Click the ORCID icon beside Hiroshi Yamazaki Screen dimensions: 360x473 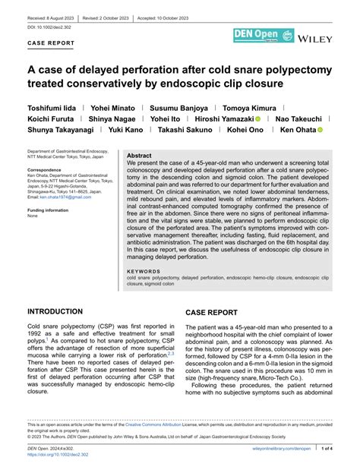tap(258, 119)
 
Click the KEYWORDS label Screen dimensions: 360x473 tap(144, 271)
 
